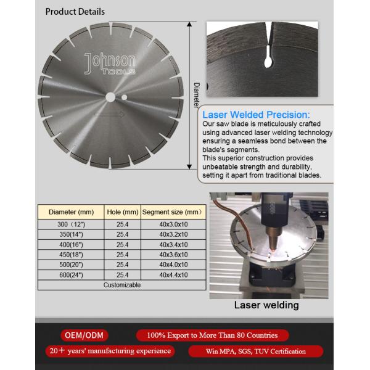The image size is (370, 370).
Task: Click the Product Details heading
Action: [x=75, y=11]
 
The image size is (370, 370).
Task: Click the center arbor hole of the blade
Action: [x=110, y=97]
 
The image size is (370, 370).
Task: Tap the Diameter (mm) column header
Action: [x=71, y=212]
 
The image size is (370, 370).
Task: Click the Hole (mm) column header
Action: [x=122, y=212]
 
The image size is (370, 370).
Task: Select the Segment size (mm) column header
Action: [x=173, y=212]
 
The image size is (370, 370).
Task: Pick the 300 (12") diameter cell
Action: [x=71, y=224]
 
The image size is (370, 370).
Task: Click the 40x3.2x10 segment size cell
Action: [x=173, y=234]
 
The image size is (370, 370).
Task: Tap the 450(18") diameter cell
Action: [x=71, y=254]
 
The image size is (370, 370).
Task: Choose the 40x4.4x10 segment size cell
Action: [x=173, y=274]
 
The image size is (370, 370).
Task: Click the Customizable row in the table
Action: [x=121, y=285]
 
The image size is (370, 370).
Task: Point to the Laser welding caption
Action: [x=266, y=305]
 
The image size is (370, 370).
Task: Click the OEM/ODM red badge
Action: [x=84, y=335]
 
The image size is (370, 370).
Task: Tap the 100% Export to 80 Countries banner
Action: [x=212, y=335]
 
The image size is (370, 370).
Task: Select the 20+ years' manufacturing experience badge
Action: [x=109, y=351]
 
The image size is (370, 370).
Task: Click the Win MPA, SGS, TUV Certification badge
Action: [x=255, y=351]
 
